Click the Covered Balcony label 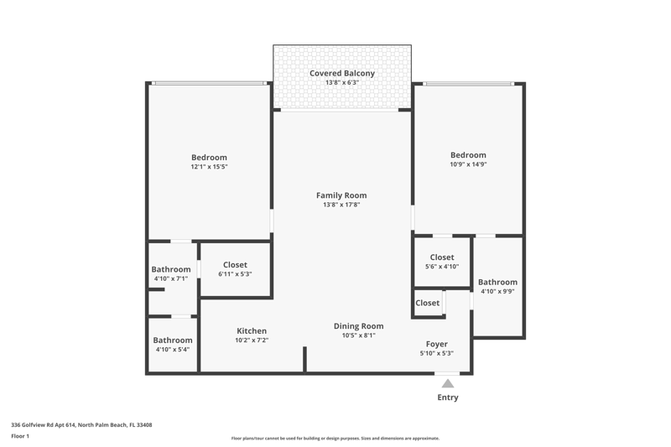click(x=342, y=73)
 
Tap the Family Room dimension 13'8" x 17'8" click(x=341, y=205)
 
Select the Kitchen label click(x=252, y=330)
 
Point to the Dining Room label click(x=359, y=326)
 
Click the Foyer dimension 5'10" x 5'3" click(x=437, y=353)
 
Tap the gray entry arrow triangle click(x=448, y=383)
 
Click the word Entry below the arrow click(x=448, y=398)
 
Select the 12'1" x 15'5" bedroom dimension click(x=209, y=167)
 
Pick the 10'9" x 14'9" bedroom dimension click(x=468, y=164)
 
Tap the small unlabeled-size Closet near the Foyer click(x=428, y=303)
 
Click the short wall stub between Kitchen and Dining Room click(x=305, y=359)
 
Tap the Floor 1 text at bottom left click(x=20, y=436)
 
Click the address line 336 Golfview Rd click(x=81, y=424)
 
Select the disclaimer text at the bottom click(x=335, y=438)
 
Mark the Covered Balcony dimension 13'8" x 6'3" click(x=342, y=82)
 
